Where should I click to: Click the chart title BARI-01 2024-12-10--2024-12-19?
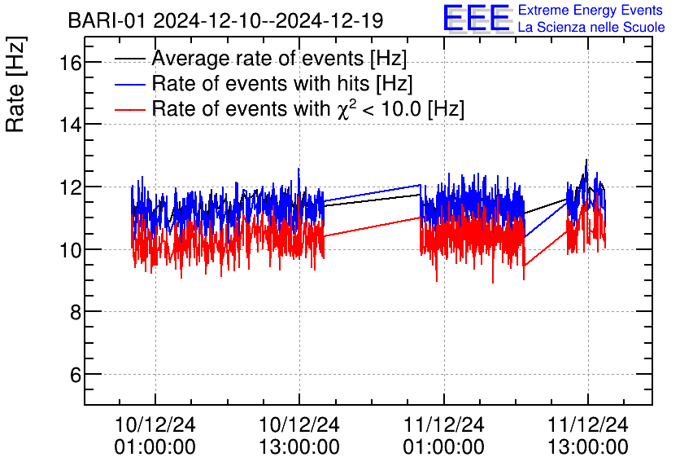[225, 20]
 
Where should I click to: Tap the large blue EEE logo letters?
[477, 18]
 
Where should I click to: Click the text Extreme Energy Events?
[591, 10]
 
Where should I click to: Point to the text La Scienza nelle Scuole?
[591, 27]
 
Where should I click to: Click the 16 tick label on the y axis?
[64, 62]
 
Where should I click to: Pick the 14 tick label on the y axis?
[64, 125]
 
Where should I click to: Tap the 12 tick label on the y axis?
[64, 187]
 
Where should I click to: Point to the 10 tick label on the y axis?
[64, 250]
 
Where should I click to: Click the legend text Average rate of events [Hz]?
[279, 59]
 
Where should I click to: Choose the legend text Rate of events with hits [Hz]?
[282, 84]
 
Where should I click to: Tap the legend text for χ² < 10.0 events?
[308, 108]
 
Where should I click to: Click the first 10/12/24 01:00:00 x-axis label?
[155, 436]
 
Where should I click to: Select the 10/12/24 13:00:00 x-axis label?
[299, 436]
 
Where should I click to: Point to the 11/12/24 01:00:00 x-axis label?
[444, 436]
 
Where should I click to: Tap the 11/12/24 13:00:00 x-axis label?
[588, 436]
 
